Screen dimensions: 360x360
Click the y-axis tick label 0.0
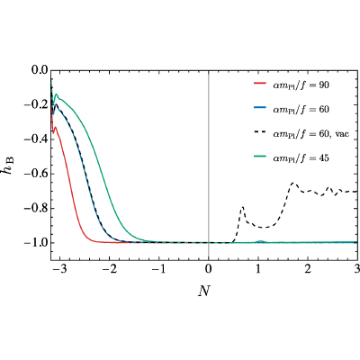pos(40,70)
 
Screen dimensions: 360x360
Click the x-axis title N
pos(204,291)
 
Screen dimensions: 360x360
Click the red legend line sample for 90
pos(260,85)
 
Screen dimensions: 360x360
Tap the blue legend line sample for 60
pos(260,109)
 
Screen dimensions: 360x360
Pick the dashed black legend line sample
pos(260,134)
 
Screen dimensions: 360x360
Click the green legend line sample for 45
pos(260,157)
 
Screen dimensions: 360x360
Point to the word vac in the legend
pos(343,134)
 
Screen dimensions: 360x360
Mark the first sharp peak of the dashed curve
pos(242,207)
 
